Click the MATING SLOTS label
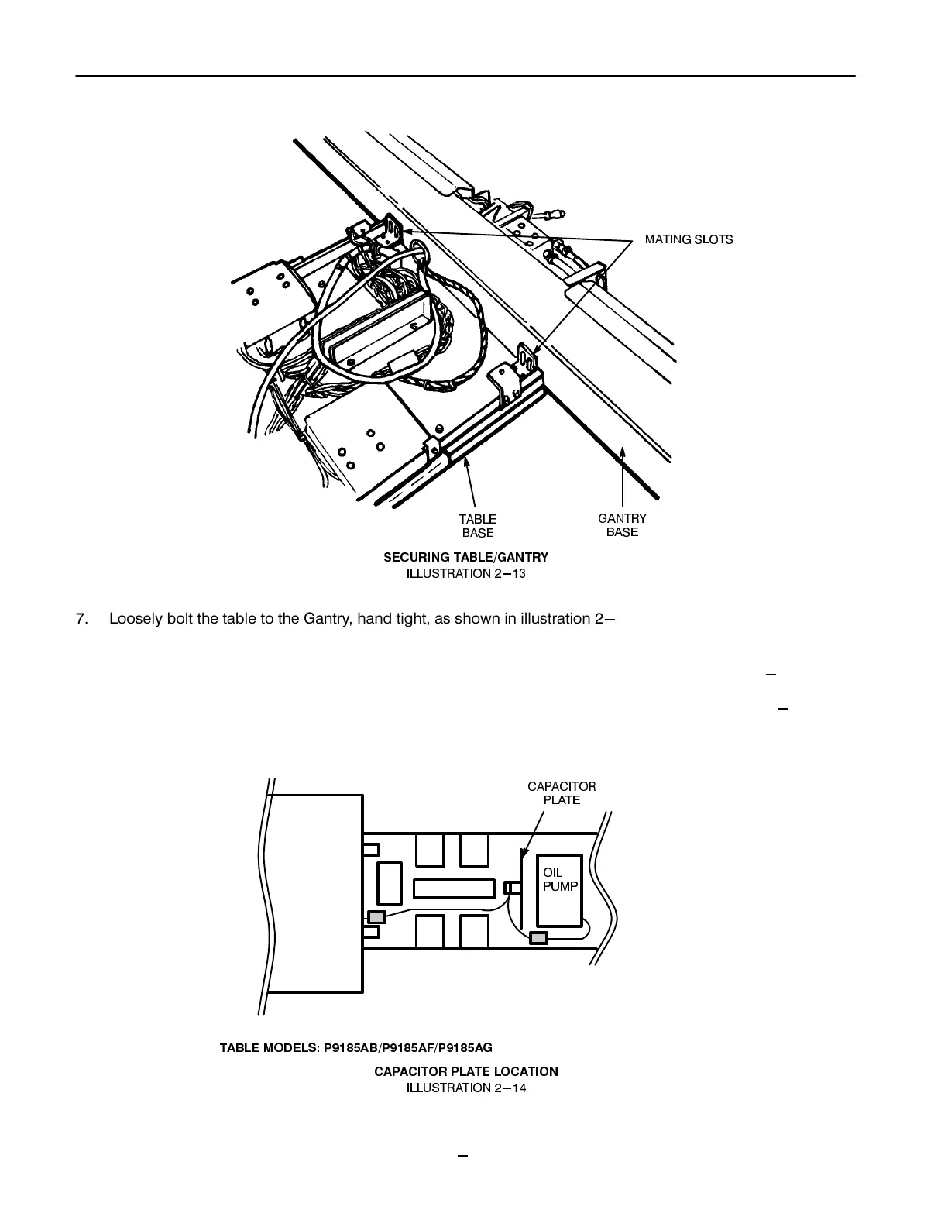coord(689,239)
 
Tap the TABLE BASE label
coord(478,525)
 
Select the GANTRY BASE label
coord(622,524)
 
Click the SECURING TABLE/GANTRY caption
coord(465,557)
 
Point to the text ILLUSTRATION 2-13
coord(465,574)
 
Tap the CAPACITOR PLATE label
coord(562,792)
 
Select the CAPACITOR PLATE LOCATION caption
coord(465,1071)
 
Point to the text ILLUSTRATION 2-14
coord(465,1088)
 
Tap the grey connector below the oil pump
coord(538,938)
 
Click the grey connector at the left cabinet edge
coord(376,918)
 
